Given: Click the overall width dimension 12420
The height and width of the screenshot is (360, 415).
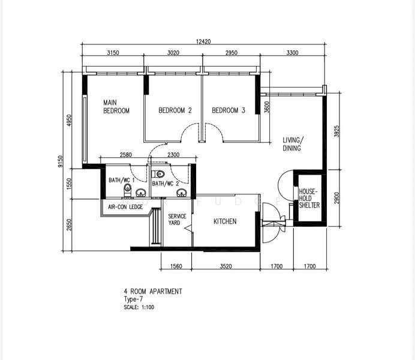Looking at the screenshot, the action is click(203, 41).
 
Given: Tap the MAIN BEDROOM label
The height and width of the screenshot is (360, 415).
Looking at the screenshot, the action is click(116, 107).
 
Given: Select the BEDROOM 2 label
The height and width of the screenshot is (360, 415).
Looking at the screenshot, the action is click(175, 110).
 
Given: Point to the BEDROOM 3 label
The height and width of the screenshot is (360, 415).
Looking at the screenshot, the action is click(228, 110).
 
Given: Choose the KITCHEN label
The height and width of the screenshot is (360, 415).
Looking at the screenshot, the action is click(225, 221).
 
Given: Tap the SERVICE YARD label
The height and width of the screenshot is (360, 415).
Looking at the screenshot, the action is click(177, 220).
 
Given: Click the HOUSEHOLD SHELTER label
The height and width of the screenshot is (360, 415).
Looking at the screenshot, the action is click(309, 198).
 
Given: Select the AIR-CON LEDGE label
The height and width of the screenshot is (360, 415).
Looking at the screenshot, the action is click(125, 207).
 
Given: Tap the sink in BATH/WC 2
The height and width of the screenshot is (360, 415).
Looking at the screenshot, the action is click(182, 193).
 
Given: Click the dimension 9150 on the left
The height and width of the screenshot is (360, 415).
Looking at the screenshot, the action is click(61, 161).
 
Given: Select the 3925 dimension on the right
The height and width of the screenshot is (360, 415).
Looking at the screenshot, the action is click(336, 131).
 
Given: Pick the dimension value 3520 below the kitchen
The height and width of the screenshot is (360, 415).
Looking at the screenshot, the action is click(225, 266).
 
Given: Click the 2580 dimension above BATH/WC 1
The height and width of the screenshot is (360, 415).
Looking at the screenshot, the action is click(126, 155).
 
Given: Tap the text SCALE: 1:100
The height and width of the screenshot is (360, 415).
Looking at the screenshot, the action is click(139, 307).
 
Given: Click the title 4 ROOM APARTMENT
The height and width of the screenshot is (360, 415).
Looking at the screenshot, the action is click(153, 292).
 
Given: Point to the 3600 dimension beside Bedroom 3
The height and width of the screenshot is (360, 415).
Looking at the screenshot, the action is click(267, 107).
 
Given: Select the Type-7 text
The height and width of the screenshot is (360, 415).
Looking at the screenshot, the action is click(133, 299).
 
